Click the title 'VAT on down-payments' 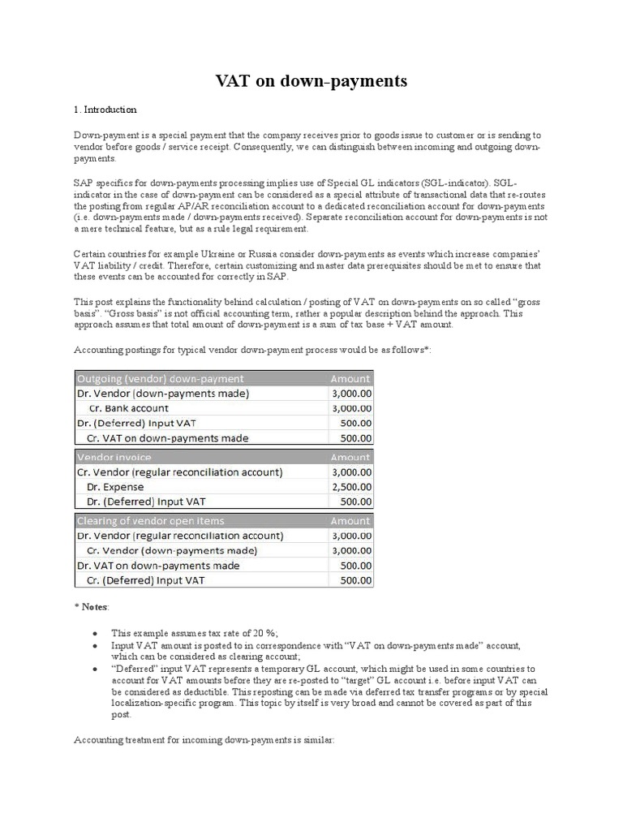click(311, 81)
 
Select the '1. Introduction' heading click(105, 110)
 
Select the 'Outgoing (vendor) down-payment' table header click(160, 378)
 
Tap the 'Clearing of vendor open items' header click(150, 520)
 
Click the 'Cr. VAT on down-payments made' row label click(167, 438)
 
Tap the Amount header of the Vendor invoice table click(350, 457)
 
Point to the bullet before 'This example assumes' click(97, 632)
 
